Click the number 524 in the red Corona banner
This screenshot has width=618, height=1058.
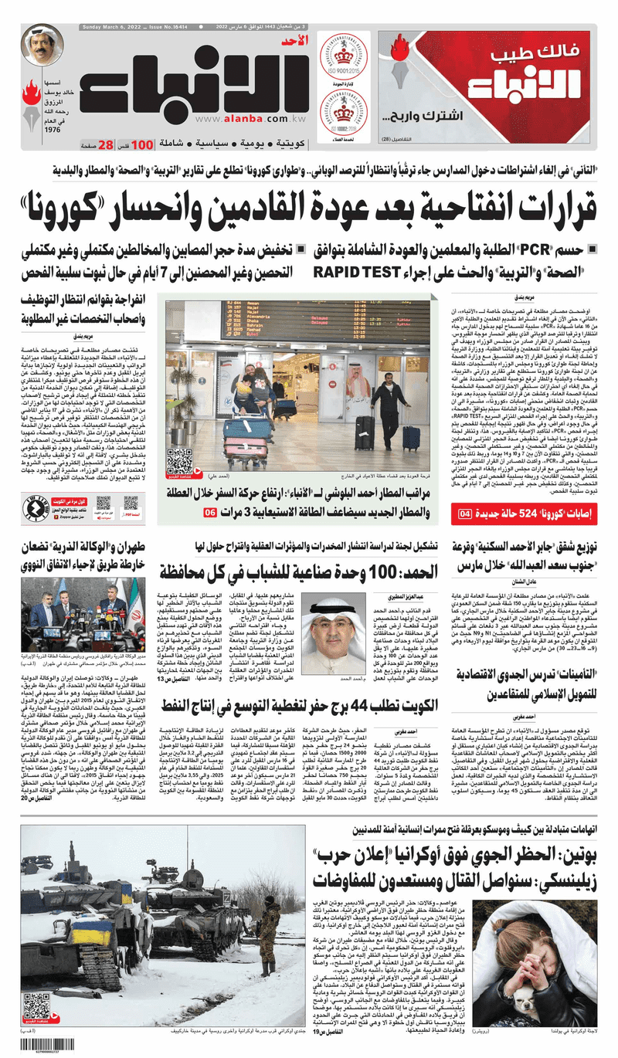pyautogui.click(x=533, y=514)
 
